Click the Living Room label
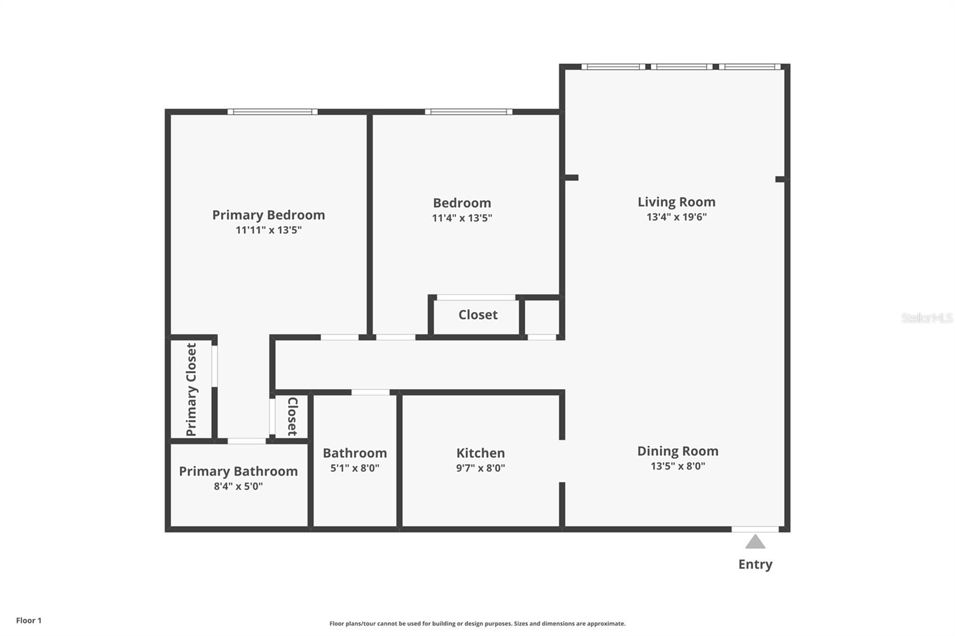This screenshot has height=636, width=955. coord(676,202)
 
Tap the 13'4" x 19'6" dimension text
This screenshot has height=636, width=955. coord(676,217)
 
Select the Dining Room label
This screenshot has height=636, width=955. coord(677,451)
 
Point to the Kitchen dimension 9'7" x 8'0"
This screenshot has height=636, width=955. coord(480,468)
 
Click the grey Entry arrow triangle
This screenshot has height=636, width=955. coord(755,542)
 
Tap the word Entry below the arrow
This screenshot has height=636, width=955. coord(755,564)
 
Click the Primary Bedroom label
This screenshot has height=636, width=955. coord(269,215)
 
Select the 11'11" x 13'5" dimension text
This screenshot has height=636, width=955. coord(269,230)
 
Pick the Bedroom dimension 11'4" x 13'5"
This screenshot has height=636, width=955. coord(462,218)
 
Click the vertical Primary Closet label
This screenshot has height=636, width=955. coord(191,390)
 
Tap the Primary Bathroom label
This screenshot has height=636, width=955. coord(238,471)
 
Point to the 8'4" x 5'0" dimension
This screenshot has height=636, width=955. coord(238,486)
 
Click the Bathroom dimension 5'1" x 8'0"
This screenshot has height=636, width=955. coord(355,468)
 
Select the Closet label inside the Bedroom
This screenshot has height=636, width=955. coord(478,314)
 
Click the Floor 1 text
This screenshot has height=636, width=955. coord(29,620)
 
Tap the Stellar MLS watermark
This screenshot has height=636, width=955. coord(927,318)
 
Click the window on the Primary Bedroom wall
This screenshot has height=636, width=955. coord(272,112)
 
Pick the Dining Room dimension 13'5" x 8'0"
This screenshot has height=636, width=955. coord(677,467)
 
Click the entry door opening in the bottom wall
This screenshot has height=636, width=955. coord(755,529)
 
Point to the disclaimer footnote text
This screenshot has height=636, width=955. coord(478,623)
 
